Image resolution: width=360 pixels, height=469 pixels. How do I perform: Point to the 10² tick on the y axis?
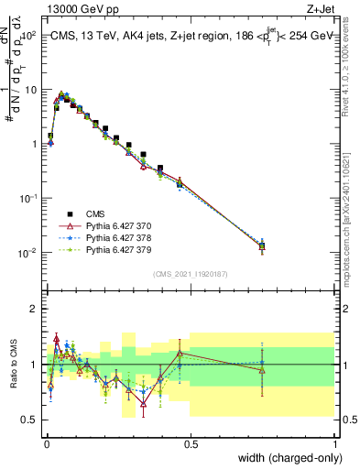click(x=29, y=36)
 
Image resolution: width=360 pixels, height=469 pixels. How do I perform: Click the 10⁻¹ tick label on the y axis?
click(x=29, y=199)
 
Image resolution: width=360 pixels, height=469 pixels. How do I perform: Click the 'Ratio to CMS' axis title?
click(x=13, y=364)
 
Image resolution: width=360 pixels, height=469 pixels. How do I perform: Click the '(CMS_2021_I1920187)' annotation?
click(x=191, y=273)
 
